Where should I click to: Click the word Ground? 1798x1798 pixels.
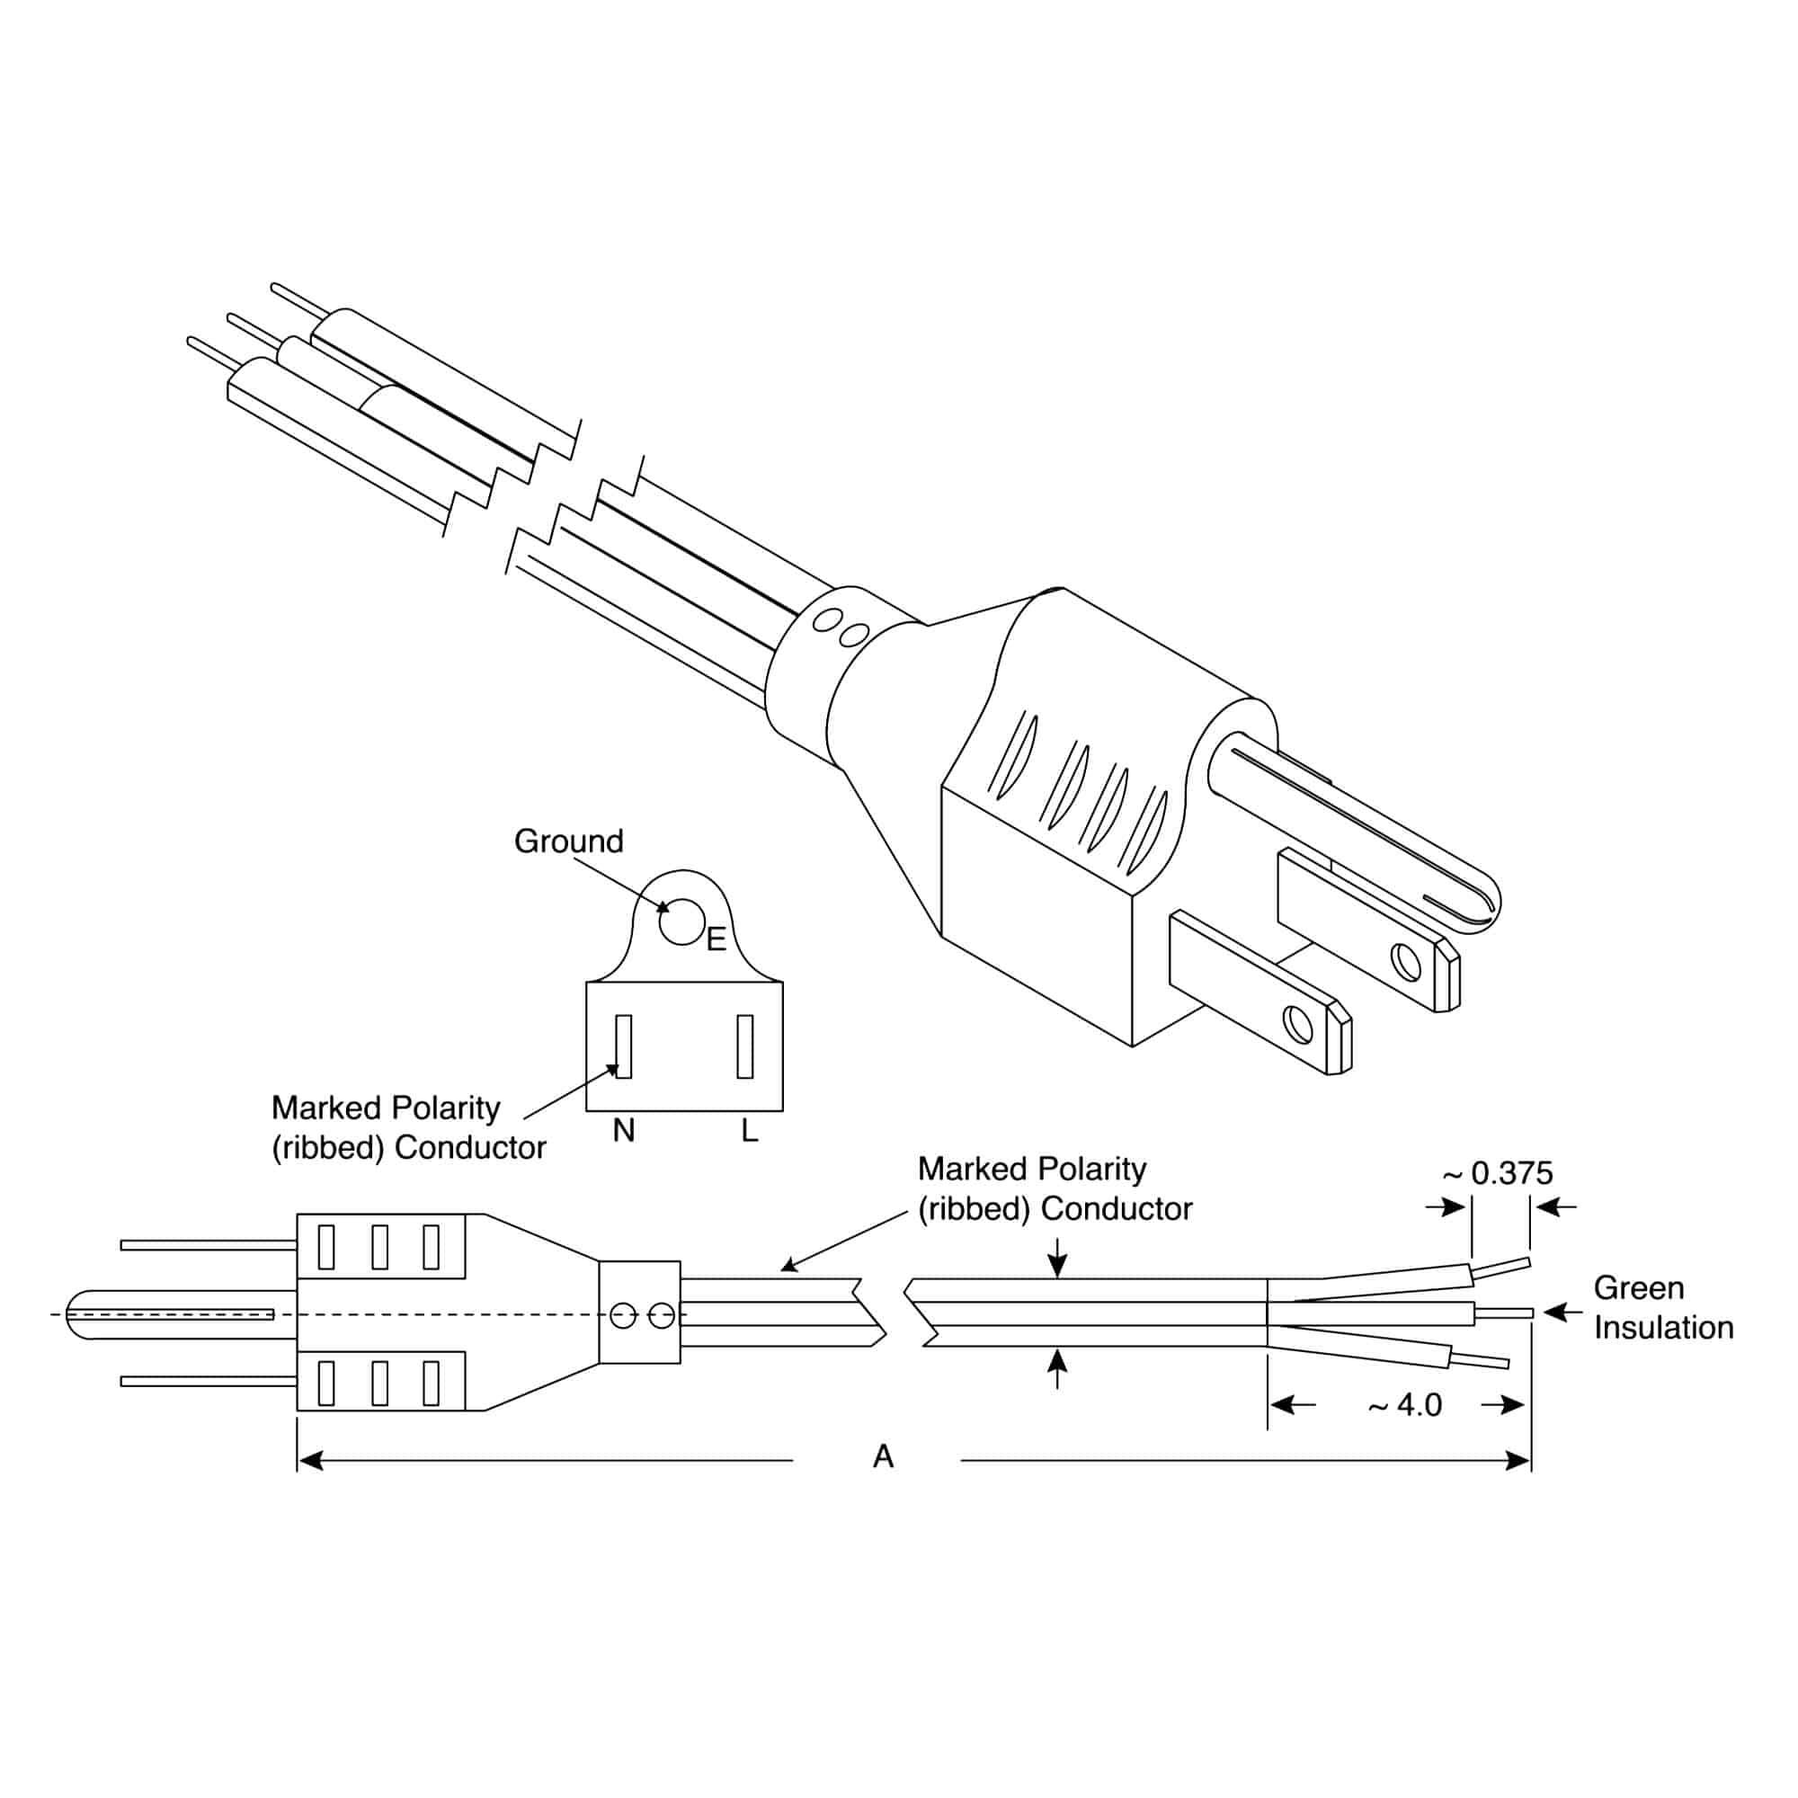pyautogui.click(x=569, y=841)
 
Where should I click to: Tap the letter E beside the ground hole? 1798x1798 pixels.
pyautogui.click(x=716, y=940)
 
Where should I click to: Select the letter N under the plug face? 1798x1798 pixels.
pyautogui.click(x=624, y=1131)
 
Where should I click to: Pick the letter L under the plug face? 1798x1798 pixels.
pyautogui.click(x=749, y=1131)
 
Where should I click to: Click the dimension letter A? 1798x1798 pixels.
pyautogui.click(x=883, y=1456)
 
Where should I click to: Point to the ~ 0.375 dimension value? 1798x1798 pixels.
pyautogui.click(x=1498, y=1172)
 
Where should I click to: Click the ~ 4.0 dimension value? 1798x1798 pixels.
pyautogui.click(x=1405, y=1404)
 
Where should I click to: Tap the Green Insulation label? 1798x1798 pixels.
pyautogui.click(x=1664, y=1307)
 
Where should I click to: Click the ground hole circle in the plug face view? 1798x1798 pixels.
pyautogui.click(x=682, y=921)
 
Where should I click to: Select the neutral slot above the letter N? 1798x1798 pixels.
pyautogui.click(x=624, y=1047)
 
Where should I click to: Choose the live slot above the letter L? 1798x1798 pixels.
pyautogui.click(x=744, y=1047)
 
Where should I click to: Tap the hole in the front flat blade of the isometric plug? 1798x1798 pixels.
pyautogui.click(x=1297, y=1026)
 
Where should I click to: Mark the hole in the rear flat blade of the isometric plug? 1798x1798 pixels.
pyautogui.click(x=1408, y=962)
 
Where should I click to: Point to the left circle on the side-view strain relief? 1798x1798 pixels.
pyautogui.click(x=623, y=1316)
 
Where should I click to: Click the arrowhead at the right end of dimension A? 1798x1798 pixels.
pyautogui.click(x=1518, y=1461)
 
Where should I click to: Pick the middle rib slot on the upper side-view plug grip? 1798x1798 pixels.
pyautogui.click(x=378, y=1247)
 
